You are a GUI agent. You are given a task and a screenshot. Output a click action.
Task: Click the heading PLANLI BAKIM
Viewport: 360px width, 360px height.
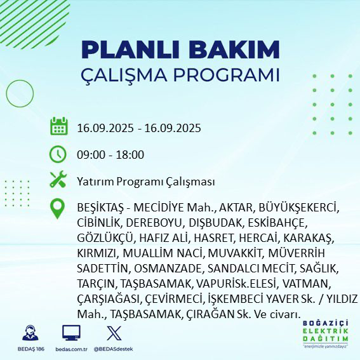pyautogui.click(x=180, y=50)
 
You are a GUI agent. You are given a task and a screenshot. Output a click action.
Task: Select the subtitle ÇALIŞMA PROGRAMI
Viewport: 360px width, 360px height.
pyautogui.click(x=180, y=74)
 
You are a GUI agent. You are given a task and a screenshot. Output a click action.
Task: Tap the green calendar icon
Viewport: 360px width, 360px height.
pyautogui.click(x=58, y=126)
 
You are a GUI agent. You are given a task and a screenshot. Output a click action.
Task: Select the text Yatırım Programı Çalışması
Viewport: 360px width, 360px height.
pyautogui.click(x=145, y=181)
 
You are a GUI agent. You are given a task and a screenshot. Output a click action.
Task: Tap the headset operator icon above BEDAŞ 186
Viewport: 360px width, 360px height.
pyautogui.click(x=29, y=333)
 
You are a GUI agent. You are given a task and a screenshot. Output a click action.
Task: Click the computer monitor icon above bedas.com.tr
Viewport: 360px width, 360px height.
pyautogui.click(x=71, y=333)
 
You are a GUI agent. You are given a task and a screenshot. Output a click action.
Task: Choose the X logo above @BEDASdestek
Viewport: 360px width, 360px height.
pyautogui.click(x=113, y=333)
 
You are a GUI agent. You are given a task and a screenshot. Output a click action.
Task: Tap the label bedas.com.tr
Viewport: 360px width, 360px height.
pyautogui.click(x=71, y=349)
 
